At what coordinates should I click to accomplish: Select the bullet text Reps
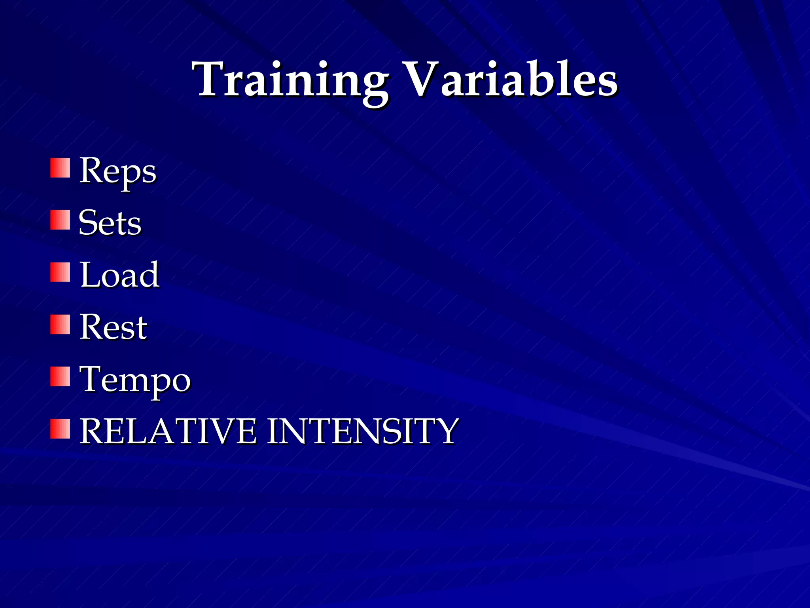pos(117,171)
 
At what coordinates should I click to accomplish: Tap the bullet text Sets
pos(110,223)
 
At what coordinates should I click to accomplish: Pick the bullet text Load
pos(119,275)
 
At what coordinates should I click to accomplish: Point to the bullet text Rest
pos(113,327)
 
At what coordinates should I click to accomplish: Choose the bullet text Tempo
pos(135,379)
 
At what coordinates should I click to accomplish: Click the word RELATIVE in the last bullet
pos(168,431)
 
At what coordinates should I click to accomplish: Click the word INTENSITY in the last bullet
pos(363,431)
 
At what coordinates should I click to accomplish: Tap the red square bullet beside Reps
pos(60,168)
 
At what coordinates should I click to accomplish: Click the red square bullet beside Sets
pos(60,220)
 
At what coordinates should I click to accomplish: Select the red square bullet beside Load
pos(60,272)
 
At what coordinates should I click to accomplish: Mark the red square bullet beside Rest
pos(60,324)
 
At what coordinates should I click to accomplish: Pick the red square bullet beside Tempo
pos(60,376)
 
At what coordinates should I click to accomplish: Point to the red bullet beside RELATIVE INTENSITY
pos(60,429)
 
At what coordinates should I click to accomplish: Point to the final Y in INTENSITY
pos(447,431)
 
